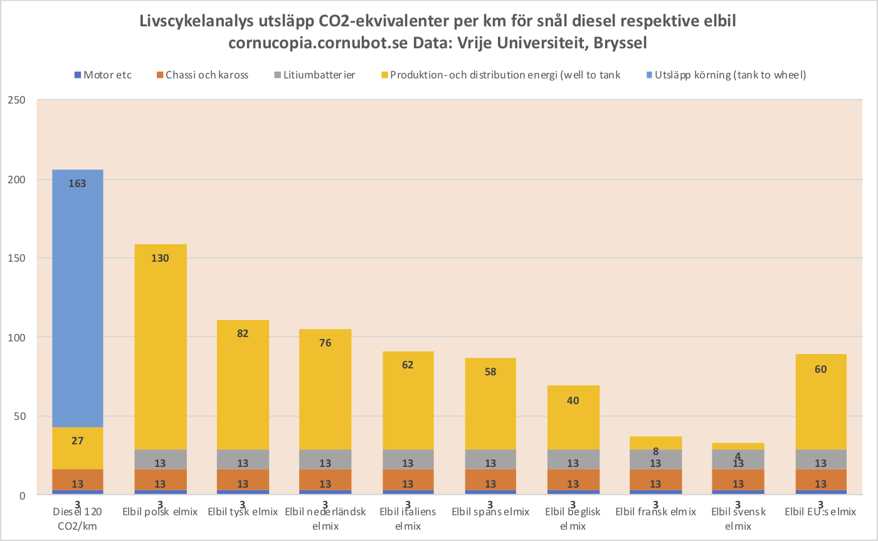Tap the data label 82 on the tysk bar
click(x=243, y=333)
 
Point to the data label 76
click(x=325, y=343)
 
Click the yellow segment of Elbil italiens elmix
click(x=408, y=402)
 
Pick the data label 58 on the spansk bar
click(x=490, y=372)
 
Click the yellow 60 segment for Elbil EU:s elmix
click(x=820, y=402)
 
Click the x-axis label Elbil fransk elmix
click(x=655, y=512)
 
